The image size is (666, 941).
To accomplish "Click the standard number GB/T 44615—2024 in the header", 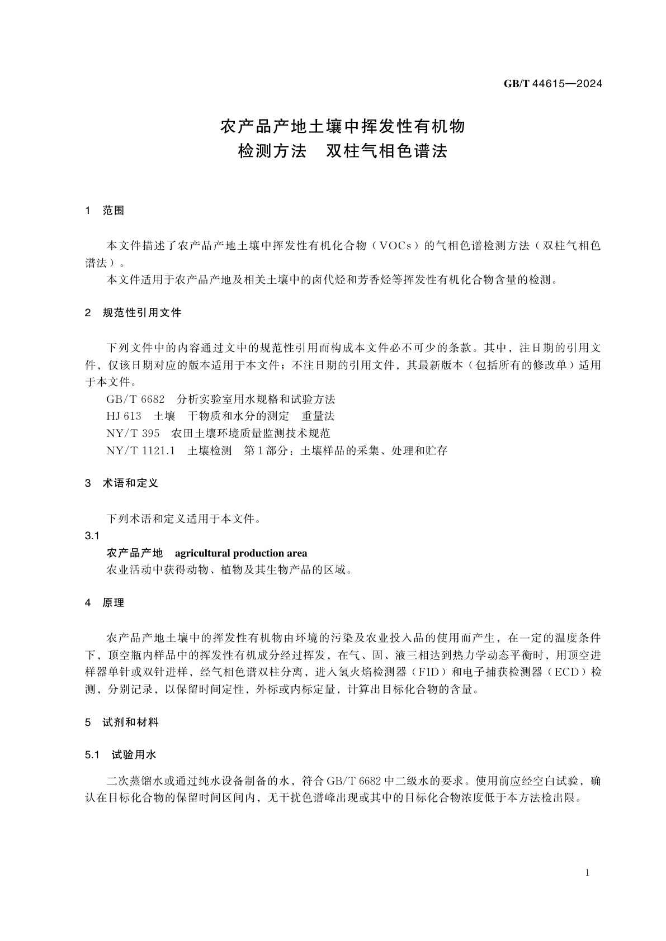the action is point(552,84).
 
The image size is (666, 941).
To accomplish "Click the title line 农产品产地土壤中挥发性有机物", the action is point(343,126).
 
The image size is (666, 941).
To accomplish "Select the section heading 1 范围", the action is point(105,211).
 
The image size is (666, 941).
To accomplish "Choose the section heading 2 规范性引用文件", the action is point(133,313).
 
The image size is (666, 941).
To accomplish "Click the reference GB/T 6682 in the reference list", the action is point(135,400).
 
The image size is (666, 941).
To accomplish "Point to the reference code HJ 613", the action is point(124,416).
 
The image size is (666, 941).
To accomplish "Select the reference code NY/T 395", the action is point(133,433).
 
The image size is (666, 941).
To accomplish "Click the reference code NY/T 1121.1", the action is point(141,450).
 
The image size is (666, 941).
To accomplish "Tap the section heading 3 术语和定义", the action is point(121,483).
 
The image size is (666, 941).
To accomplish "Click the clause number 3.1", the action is point(92,536).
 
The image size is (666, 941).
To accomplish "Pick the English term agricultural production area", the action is point(241,553).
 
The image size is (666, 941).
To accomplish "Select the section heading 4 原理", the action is point(105,603).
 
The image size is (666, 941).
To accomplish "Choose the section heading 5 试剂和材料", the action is point(121,723).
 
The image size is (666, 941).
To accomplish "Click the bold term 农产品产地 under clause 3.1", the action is point(135,553).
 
